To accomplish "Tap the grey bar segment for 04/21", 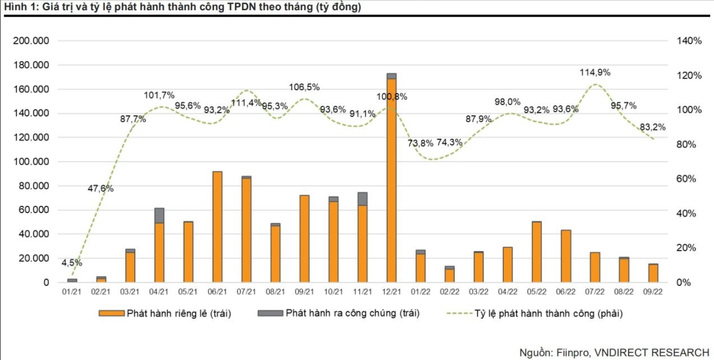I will [x=159, y=216].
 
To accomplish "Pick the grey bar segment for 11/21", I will [x=363, y=199].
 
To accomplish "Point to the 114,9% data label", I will [x=595, y=73].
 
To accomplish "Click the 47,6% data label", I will [x=101, y=189].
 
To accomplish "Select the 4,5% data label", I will [x=72, y=263].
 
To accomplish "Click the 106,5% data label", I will [x=305, y=87].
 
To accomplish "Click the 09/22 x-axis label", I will [x=653, y=292].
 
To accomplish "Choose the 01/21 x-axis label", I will [x=72, y=292].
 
